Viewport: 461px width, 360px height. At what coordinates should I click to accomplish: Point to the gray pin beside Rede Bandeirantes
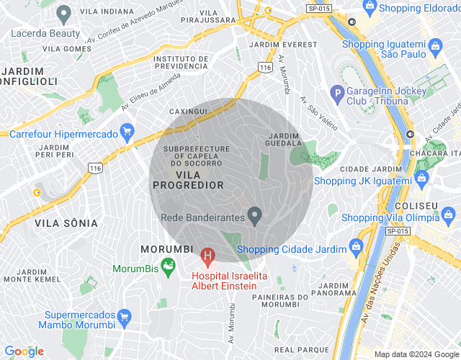tap(254, 215)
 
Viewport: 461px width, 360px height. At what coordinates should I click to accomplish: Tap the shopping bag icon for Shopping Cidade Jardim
tap(356, 247)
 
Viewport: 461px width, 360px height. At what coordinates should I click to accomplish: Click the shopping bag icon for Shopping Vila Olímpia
tap(448, 215)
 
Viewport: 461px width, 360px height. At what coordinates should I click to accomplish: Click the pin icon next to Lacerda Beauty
tap(63, 12)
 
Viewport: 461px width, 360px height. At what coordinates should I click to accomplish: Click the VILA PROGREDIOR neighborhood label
tap(188, 179)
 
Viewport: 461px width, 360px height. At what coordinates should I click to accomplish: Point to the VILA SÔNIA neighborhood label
tap(66, 223)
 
